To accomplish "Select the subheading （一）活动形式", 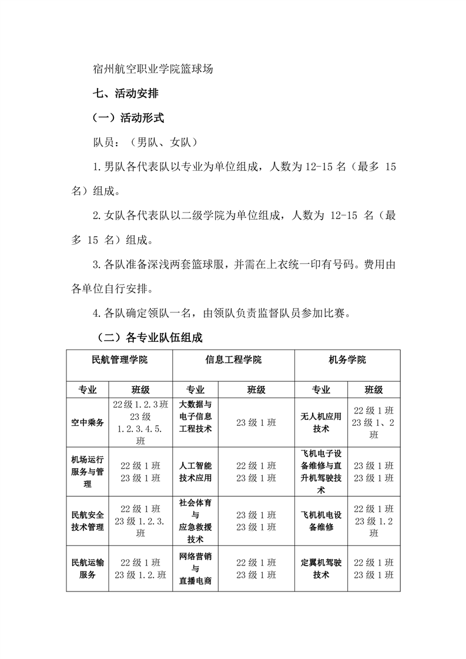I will tap(129, 117).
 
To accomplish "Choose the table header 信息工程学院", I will tap(233, 359).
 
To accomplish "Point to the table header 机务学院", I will tap(347, 359).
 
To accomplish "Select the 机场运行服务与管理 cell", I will tap(88, 472).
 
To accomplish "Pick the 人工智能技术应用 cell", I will tap(195, 472).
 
